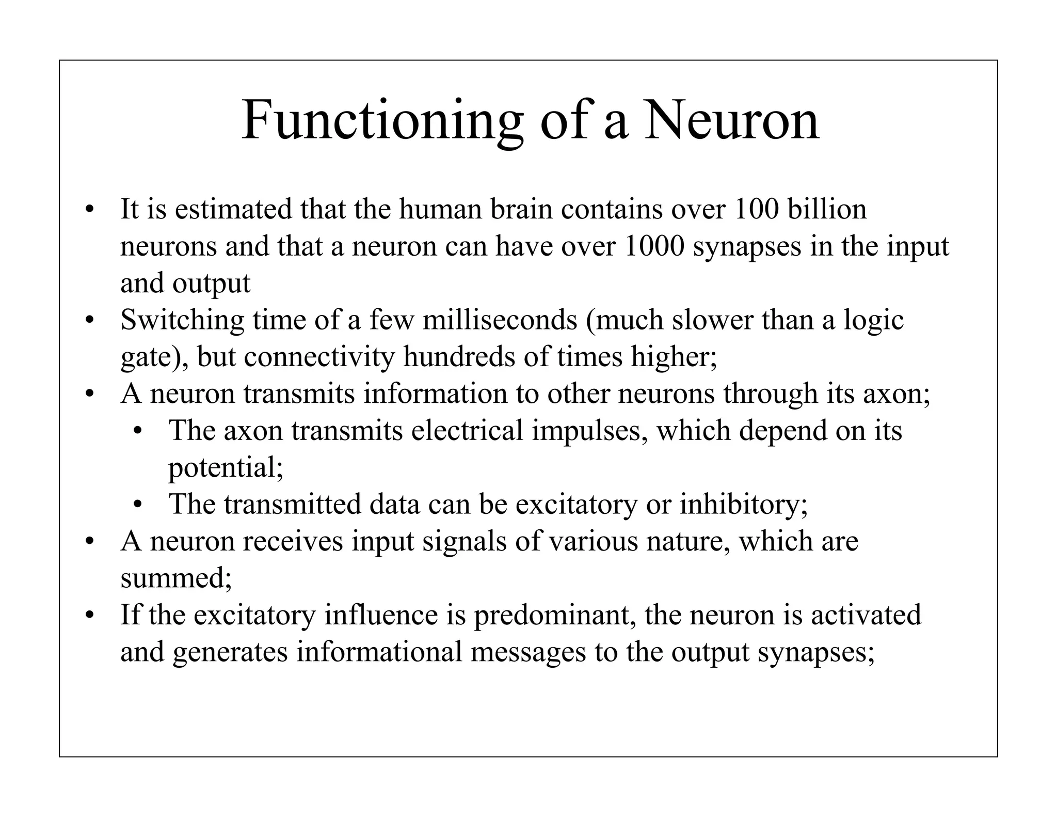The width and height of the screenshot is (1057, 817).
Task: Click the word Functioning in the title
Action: coord(382,121)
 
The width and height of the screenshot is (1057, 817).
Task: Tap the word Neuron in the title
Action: coord(731,121)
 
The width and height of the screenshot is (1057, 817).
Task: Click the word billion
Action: coord(827,209)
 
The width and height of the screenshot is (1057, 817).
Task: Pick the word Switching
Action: coord(182,320)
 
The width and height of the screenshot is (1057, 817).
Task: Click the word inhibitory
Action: coord(743,504)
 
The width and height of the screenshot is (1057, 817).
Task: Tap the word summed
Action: coord(175,577)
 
